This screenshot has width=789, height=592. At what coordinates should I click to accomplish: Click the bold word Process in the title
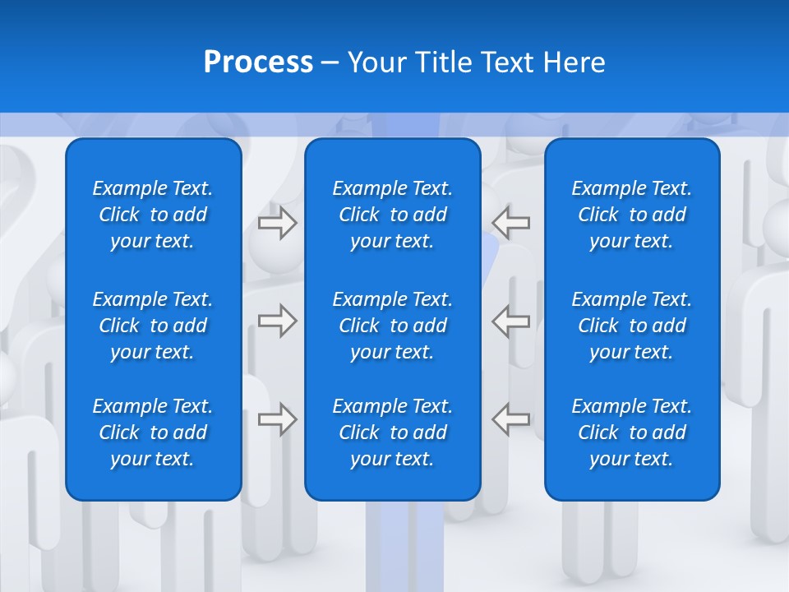click(x=258, y=62)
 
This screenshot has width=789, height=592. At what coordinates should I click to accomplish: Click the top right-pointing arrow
click(x=277, y=223)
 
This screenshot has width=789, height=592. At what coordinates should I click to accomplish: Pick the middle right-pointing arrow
click(x=277, y=321)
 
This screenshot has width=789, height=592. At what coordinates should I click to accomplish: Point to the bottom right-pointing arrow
click(x=277, y=419)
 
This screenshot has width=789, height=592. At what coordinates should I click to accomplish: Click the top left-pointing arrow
click(x=511, y=223)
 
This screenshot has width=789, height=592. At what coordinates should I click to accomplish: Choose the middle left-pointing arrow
click(x=511, y=321)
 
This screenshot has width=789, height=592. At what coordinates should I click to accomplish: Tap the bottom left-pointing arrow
click(x=511, y=419)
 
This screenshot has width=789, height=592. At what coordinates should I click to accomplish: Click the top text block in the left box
click(x=153, y=215)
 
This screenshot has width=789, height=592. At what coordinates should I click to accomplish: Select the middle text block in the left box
click(x=153, y=326)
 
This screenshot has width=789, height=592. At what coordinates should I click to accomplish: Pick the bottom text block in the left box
click(x=153, y=432)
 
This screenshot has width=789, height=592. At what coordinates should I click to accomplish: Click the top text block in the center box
click(x=393, y=215)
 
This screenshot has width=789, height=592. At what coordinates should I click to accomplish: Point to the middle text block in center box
click(x=393, y=326)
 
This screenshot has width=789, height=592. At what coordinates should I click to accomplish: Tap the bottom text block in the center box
click(x=393, y=432)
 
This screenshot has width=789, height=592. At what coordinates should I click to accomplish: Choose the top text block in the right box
click(x=632, y=215)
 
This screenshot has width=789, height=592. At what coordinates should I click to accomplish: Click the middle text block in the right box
click(x=632, y=326)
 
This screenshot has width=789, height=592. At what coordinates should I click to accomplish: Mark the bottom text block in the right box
click(x=632, y=432)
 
